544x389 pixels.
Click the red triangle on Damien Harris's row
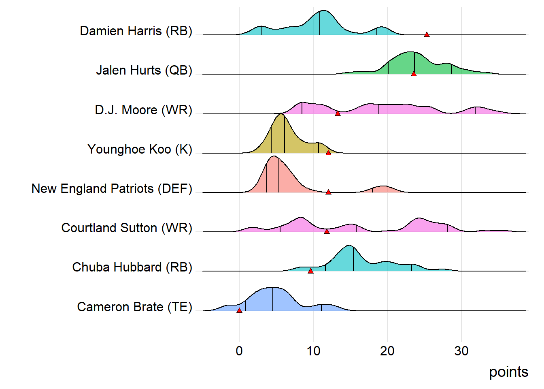427,34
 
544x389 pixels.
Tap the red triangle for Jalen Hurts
414,74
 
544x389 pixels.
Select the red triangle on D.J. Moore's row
338,113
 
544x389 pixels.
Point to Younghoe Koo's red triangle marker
328,153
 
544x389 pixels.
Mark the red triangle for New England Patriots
328,192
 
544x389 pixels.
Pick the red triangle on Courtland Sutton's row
327,231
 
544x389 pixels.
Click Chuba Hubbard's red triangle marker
310,271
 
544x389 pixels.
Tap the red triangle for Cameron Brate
239,310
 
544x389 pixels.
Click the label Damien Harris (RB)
136,31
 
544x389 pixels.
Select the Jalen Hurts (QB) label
144,70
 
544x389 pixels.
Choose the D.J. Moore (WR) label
143,110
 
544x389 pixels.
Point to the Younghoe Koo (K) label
140,149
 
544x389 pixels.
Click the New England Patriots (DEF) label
112,188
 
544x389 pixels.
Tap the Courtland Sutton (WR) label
127,228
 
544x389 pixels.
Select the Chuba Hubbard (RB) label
132,267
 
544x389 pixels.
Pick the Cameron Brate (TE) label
134,307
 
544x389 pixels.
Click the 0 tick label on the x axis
239,351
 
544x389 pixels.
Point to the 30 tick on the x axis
461,351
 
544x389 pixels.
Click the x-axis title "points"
508,372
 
